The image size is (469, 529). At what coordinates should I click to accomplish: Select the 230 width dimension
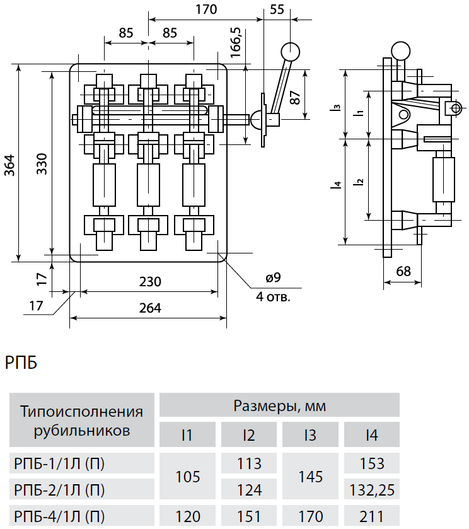pos(150,281)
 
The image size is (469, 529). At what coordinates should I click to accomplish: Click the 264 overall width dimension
pos(150,308)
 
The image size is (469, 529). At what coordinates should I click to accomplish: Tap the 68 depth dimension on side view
pos(403,271)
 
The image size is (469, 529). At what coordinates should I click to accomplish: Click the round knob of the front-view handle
pos(290,50)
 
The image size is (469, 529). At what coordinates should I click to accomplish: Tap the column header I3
pos(310,435)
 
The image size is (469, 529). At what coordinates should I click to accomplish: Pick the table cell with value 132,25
pos(371,489)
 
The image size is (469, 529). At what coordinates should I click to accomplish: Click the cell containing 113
pos(249,464)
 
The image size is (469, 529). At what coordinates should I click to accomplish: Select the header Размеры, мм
pos(279,405)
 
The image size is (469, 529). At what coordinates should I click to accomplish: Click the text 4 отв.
pos(274,296)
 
